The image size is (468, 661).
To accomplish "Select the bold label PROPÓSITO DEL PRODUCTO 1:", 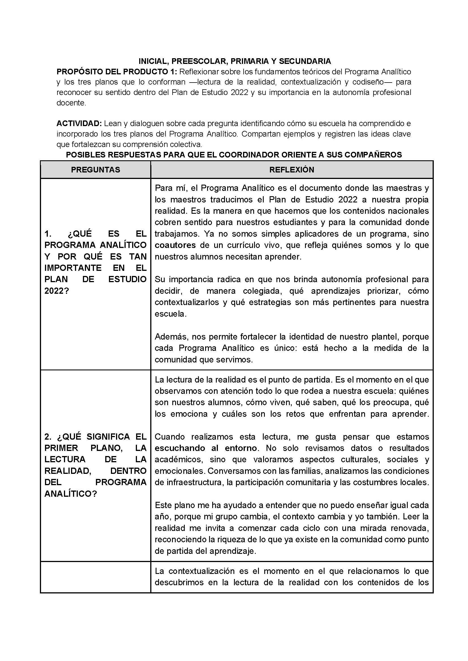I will tap(117, 72).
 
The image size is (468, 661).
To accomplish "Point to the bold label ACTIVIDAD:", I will tap(79, 124).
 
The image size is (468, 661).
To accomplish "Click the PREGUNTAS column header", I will tap(95, 170).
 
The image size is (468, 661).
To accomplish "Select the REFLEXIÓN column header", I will tap(292, 170).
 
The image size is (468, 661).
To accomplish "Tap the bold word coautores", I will tap(175, 245).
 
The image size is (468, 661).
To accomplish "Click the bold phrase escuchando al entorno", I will tap(206, 448).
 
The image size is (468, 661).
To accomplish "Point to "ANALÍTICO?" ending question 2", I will tap(71, 494).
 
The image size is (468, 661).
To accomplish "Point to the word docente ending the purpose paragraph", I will tap(71, 103).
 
